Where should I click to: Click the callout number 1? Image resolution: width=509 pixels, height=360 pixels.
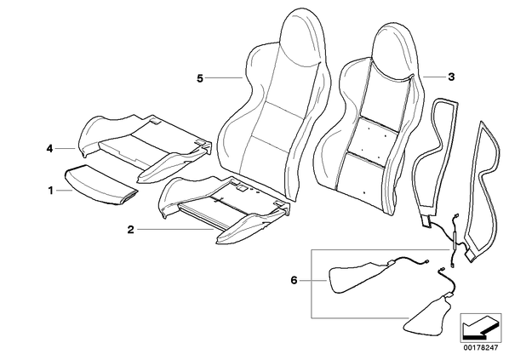[50, 191]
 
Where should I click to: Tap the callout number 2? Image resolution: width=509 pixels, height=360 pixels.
[130, 230]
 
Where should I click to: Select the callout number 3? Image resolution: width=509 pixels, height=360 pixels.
[451, 77]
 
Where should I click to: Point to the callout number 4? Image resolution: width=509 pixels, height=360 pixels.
[49, 149]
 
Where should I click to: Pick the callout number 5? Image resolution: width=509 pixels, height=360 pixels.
[200, 78]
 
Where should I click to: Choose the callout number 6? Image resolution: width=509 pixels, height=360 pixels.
[294, 280]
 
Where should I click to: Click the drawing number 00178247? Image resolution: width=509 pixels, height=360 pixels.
[481, 348]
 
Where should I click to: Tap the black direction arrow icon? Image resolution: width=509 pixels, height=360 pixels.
[478, 327]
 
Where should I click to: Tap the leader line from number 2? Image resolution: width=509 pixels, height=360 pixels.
[175, 230]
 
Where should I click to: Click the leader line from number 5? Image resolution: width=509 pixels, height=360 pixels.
[224, 78]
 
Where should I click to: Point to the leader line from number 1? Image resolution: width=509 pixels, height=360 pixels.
[65, 191]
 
